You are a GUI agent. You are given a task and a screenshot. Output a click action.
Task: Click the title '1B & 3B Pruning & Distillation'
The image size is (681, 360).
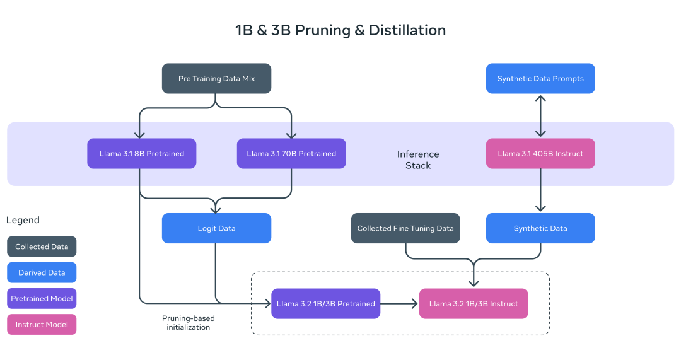coord(340,30)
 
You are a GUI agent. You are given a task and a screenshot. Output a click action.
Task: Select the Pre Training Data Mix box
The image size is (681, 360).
coord(216,79)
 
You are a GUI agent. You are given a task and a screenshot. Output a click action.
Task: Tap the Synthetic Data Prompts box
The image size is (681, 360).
coord(540,79)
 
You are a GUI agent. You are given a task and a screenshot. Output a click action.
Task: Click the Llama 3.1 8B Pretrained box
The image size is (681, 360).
coord(141,153)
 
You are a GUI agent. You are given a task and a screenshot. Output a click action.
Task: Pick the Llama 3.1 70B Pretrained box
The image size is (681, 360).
coord(291,153)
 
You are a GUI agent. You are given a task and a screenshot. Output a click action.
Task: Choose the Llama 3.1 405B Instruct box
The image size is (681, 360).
coord(540,153)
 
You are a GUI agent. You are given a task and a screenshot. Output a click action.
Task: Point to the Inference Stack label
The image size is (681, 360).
coord(418,160)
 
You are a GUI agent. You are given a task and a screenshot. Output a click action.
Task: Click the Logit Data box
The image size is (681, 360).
coord(216,228)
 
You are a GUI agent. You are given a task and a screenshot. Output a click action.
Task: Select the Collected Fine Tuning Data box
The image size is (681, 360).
coord(405,228)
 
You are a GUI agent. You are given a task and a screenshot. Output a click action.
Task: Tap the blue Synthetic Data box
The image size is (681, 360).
coord(540,228)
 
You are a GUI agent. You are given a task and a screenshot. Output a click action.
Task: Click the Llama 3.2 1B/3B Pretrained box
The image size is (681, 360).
coord(326,304)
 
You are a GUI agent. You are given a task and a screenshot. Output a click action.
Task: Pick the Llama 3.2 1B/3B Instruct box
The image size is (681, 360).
coord(474,304)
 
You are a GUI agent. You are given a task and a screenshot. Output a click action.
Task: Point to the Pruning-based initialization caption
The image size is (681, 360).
coord(189,323)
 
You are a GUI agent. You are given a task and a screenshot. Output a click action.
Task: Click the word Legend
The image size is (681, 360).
coord(23,220)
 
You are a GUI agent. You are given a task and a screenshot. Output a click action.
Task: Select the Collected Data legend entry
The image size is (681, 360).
coord(42,247)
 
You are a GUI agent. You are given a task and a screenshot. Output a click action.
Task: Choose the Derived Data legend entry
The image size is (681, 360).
coord(42,272)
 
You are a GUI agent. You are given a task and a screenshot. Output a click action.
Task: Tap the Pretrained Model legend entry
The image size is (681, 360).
coord(42,298)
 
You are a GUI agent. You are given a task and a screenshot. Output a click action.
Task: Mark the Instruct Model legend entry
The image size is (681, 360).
coord(42,324)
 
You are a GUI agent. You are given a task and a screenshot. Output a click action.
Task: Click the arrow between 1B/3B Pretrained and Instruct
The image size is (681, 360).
coord(400,304)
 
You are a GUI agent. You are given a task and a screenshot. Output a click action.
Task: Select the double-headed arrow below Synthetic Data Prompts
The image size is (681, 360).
coord(540,116)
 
